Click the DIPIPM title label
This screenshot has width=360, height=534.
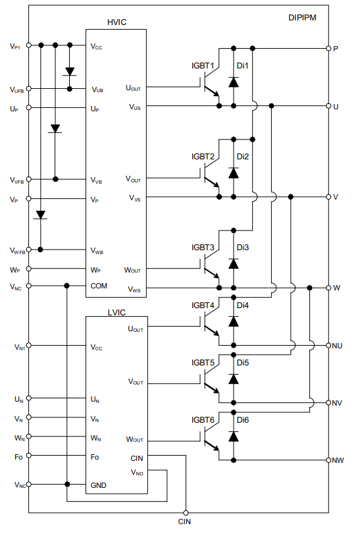click(x=302, y=18)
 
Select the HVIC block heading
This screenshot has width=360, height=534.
click(x=116, y=22)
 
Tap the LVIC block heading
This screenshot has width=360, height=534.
click(x=116, y=312)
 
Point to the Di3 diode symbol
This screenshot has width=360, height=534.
click(x=234, y=263)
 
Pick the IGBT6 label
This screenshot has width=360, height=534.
click(x=203, y=420)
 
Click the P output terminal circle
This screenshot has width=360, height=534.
click(x=328, y=48)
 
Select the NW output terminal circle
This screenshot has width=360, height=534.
click(x=328, y=460)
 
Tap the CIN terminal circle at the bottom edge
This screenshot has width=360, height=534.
click(x=186, y=512)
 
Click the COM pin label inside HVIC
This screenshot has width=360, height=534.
click(x=99, y=286)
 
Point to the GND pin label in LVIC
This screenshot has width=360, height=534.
click(x=98, y=485)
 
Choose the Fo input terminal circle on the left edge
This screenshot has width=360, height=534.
click(x=29, y=456)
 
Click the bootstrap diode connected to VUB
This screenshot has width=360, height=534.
click(x=70, y=72)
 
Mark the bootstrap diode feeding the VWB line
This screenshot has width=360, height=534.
click(x=41, y=215)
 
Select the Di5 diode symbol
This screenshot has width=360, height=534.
click(x=234, y=379)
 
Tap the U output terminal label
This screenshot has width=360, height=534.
click(x=336, y=107)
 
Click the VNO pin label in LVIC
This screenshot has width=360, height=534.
click(x=137, y=473)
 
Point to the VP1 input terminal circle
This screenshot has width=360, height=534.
click(x=29, y=45)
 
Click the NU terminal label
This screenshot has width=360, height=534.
click(x=337, y=346)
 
